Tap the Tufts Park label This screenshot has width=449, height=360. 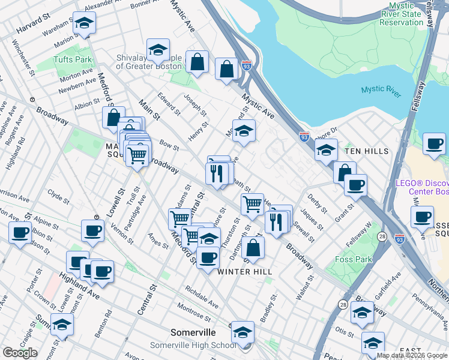[x=73, y=59]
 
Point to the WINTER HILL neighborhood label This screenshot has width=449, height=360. [x=245, y=272]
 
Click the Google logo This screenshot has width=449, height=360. [x=20, y=353]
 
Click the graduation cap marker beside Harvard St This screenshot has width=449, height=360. [x=84, y=24]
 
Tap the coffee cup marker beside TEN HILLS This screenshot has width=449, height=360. [x=433, y=144]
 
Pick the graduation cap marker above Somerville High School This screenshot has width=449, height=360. [x=243, y=332]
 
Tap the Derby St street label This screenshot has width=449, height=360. [x=316, y=203]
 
